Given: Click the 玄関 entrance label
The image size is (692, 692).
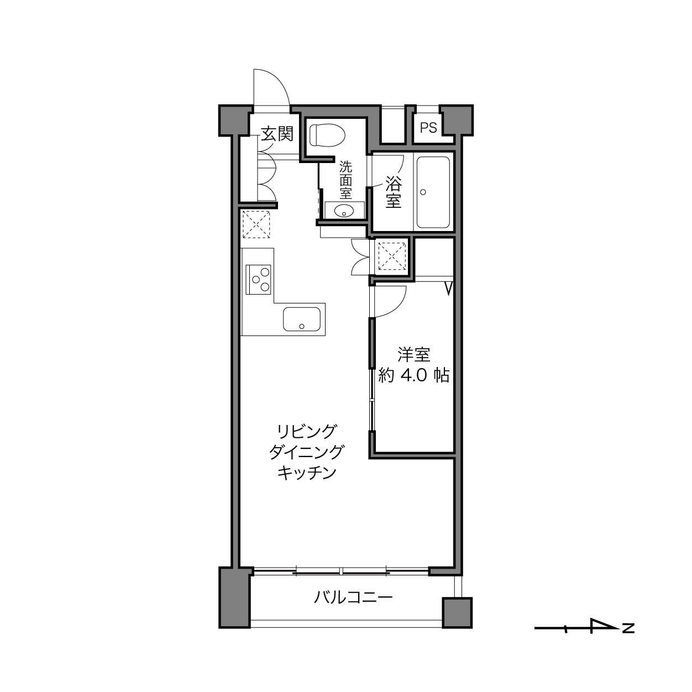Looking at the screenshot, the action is (x=277, y=134).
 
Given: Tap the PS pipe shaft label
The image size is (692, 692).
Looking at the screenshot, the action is (x=428, y=128).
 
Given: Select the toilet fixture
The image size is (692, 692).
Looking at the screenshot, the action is (x=327, y=135).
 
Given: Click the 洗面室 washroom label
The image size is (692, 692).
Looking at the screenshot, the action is (x=346, y=180).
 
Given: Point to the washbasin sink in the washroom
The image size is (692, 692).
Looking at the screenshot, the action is (x=344, y=211).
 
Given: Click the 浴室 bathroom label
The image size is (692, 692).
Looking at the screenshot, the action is (x=394, y=192).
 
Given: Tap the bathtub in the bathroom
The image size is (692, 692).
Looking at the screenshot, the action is (x=433, y=192).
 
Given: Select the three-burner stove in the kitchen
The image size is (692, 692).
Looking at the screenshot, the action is (x=258, y=279).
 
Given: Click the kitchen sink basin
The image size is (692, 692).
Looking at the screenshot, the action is (x=302, y=319).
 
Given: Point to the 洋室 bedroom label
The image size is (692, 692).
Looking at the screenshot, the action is (x=413, y=355).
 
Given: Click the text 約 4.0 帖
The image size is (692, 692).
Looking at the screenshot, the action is (x=413, y=375).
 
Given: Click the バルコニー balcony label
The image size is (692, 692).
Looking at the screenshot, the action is (x=353, y=597).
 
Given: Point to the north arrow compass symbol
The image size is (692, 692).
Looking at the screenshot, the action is (x=584, y=628).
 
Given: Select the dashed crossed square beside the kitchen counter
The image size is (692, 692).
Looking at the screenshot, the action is (x=256, y=224).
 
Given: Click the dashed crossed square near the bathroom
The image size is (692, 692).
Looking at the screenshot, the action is (x=392, y=256).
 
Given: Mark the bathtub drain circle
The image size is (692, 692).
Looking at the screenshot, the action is (x=423, y=192).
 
